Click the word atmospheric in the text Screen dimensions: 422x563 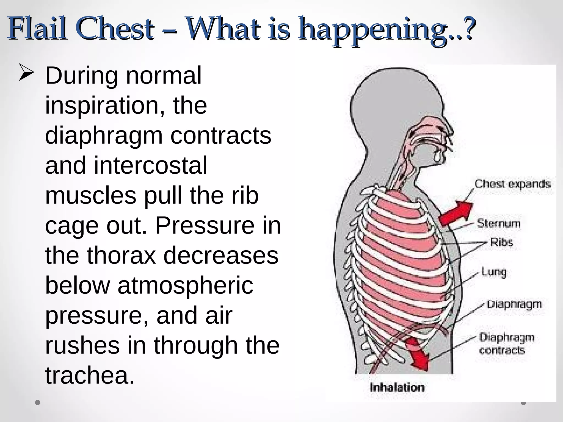[x=185, y=285]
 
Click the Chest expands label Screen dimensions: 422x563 [x=512, y=184]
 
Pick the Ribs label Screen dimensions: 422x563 [x=502, y=243]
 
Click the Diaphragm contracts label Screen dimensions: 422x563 [x=507, y=344]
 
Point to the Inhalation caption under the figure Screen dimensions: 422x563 [x=397, y=387]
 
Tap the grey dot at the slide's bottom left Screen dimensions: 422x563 [x=38, y=403]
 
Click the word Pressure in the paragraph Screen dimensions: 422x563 [x=205, y=226]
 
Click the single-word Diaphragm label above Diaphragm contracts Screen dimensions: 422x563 [x=514, y=304]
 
